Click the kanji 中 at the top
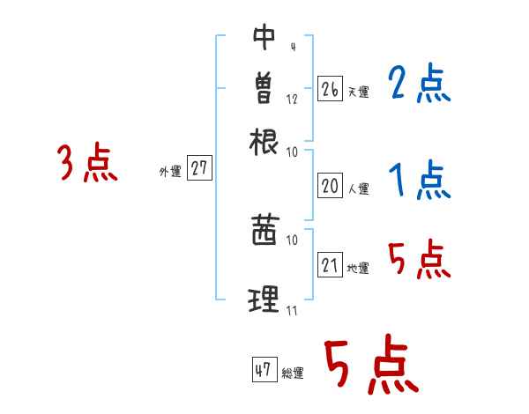(x=264, y=36)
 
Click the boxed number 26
(x=330, y=89)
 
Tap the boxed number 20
(x=330, y=186)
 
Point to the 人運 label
(x=359, y=189)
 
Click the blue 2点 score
(x=418, y=85)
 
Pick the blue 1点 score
(x=418, y=181)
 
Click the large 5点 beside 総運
(x=370, y=366)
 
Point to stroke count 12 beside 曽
(x=292, y=99)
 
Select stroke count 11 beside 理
(x=292, y=310)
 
